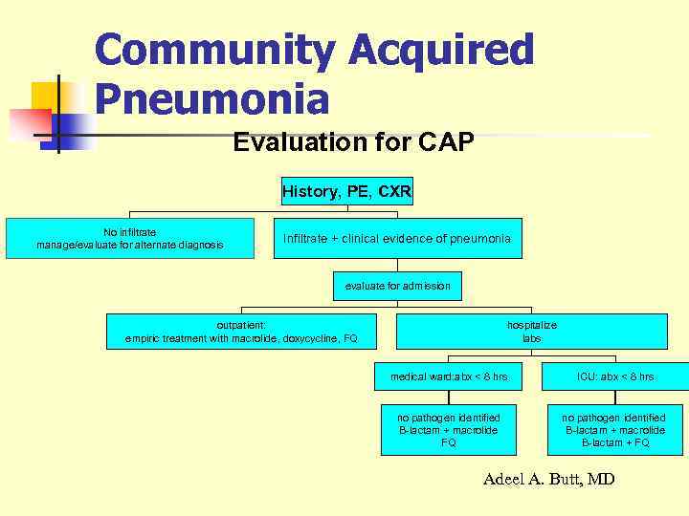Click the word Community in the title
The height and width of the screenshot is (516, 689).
pyautogui.click(x=214, y=50)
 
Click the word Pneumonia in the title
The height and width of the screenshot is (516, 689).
pyautogui.click(x=212, y=98)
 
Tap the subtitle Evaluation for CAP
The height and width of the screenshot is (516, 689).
pyautogui.click(x=353, y=143)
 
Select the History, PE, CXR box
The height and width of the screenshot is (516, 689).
pyautogui.click(x=346, y=192)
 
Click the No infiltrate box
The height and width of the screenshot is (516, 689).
pyautogui.click(x=130, y=238)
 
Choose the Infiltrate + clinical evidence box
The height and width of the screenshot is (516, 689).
pyautogui.click(x=397, y=238)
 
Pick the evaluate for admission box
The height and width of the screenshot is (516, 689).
pyautogui.click(x=397, y=286)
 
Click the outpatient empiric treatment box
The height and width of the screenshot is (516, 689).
pyautogui.click(x=241, y=332)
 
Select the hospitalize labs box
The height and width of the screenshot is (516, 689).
pyautogui.click(x=531, y=332)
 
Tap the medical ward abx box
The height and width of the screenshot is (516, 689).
pyautogui.click(x=449, y=377)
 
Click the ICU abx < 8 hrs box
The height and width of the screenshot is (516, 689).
pyautogui.click(x=614, y=377)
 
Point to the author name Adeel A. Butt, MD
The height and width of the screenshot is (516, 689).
pyautogui.click(x=548, y=479)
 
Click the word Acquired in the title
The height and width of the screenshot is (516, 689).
pyautogui.click(x=441, y=50)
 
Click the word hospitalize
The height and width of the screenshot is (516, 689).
pyautogui.click(x=531, y=325)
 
